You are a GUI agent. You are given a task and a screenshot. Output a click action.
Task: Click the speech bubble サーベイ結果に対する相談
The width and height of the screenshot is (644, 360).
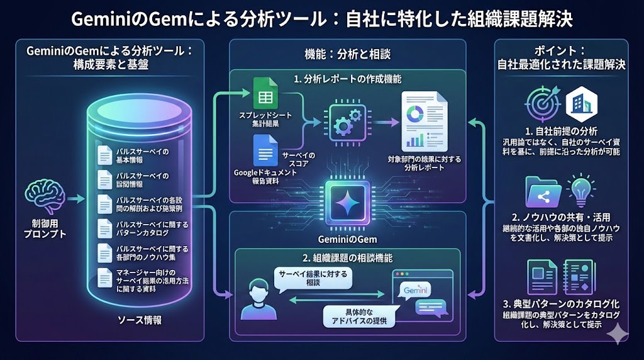(311, 278)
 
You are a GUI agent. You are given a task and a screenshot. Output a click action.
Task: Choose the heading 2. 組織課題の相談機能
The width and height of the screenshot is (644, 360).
(347, 258)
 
